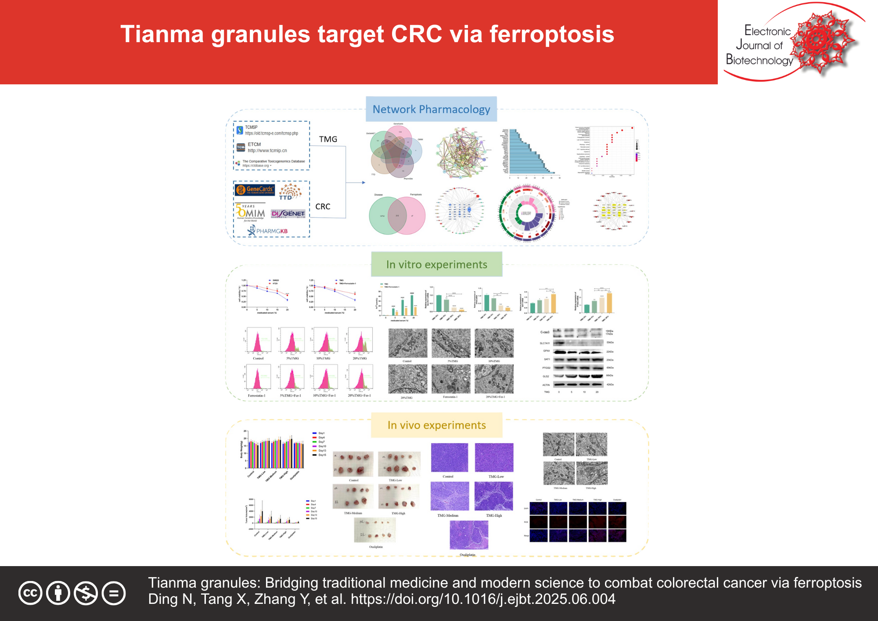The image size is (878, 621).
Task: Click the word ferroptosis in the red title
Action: tap(551, 34)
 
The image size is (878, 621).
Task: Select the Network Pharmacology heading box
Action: tap(431, 109)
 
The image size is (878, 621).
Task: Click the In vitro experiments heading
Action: tap(436, 264)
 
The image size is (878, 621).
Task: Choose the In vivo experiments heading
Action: tap(436, 425)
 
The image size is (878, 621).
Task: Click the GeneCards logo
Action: tap(255, 190)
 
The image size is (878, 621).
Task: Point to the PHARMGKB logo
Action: tap(268, 231)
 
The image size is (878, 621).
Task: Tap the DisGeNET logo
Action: tap(288, 213)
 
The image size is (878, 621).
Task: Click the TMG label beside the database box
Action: tap(328, 139)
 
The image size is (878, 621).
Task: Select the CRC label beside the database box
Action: tap(323, 206)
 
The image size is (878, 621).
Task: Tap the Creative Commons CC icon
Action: tap(30, 593)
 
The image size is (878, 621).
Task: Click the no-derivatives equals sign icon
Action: tap(114, 593)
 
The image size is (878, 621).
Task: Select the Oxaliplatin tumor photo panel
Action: tap(375, 530)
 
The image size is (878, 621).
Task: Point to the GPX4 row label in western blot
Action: tap(547, 351)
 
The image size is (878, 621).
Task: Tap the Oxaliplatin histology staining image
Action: tap(469, 535)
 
